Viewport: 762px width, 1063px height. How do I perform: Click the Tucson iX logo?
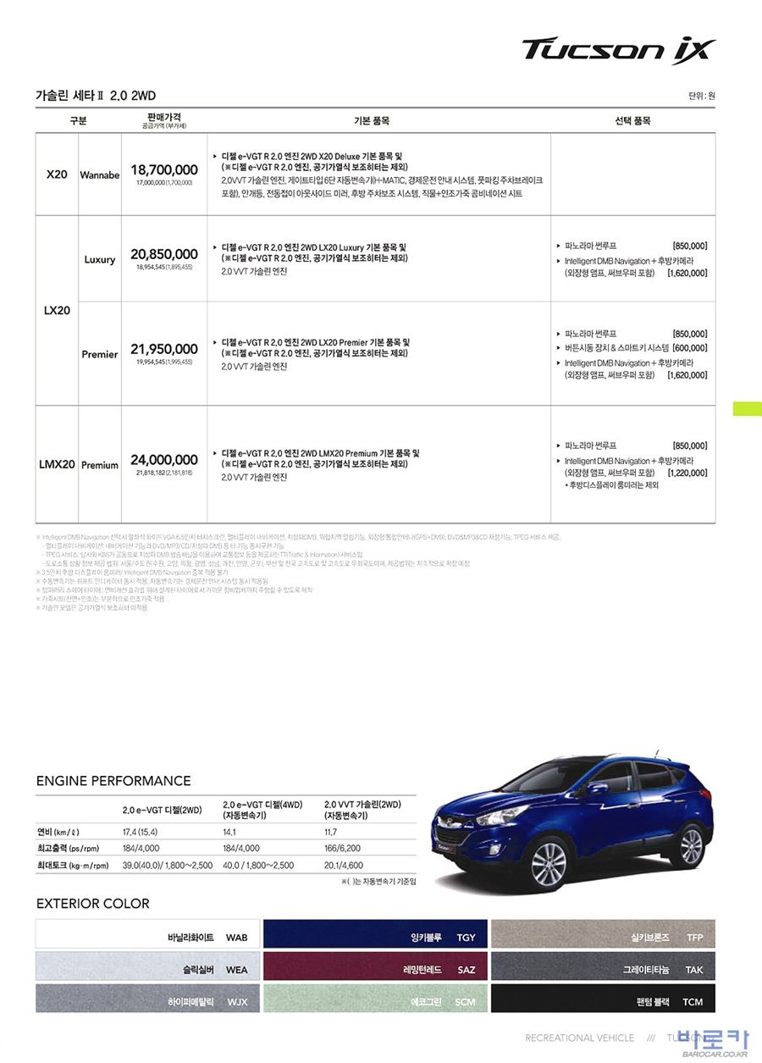tap(619, 50)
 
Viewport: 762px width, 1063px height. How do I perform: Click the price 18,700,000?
tap(164, 170)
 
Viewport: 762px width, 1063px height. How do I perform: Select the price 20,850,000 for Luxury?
tap(164, 254)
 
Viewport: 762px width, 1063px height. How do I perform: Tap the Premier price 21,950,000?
tap(164, 349)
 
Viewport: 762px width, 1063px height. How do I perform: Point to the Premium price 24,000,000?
tap(164, 460)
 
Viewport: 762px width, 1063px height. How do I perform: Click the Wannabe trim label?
tap(100, 175)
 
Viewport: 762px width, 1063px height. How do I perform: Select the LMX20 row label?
tap(57, 465)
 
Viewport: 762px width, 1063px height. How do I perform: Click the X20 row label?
tap(57, 175)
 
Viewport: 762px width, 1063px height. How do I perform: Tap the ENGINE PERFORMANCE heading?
tap(113, 781)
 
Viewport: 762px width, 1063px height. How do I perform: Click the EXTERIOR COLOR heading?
tap(93, 904)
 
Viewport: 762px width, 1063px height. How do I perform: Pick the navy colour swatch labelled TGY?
tap(375, 934)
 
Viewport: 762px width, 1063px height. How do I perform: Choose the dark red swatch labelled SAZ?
tap(375, 966)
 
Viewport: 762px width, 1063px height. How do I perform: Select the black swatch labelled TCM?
tap(603, 999)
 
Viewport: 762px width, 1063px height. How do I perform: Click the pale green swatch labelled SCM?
tap(375, 999)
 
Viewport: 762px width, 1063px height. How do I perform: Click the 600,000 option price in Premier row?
tap(691, 348)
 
